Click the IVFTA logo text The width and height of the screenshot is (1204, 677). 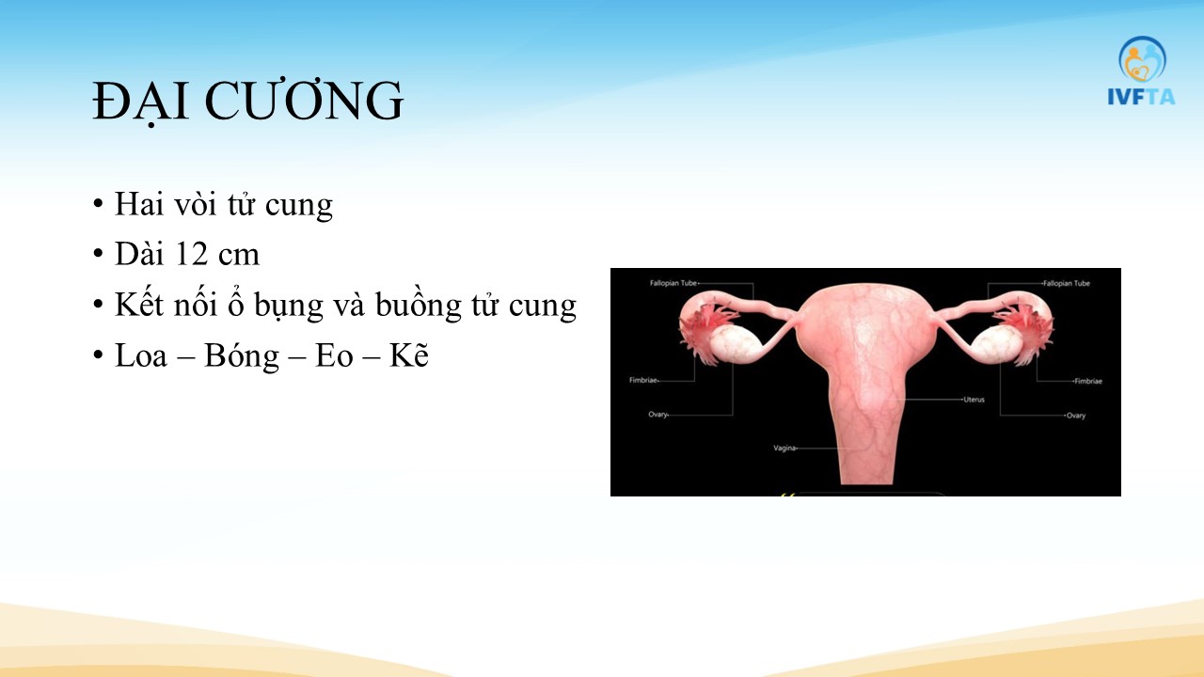[x=1141, y=97]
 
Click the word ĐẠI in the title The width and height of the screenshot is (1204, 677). [x=140, y=101]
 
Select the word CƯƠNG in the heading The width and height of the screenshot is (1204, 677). [x=304, y=100]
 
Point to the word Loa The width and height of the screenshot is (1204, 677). [x=141, y=355]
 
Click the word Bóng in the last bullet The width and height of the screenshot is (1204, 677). [x=242, y=355]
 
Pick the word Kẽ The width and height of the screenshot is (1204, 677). [x=408, y=354]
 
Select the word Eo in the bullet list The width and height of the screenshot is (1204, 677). [x=334, y=355]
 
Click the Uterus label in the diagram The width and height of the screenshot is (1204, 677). [x=974, y=400]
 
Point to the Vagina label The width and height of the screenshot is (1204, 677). [x=784, y=448]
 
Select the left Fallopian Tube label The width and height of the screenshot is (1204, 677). [x=673, y=283]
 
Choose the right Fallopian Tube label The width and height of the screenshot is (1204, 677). [x=1067, y=283]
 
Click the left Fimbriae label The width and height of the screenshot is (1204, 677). [x=643, y=380]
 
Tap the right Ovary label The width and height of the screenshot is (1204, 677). [x=1076, y=416]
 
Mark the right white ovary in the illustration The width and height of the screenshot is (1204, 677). [x=996, y=344]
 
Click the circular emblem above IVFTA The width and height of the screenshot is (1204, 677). [x=1142, y=59]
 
